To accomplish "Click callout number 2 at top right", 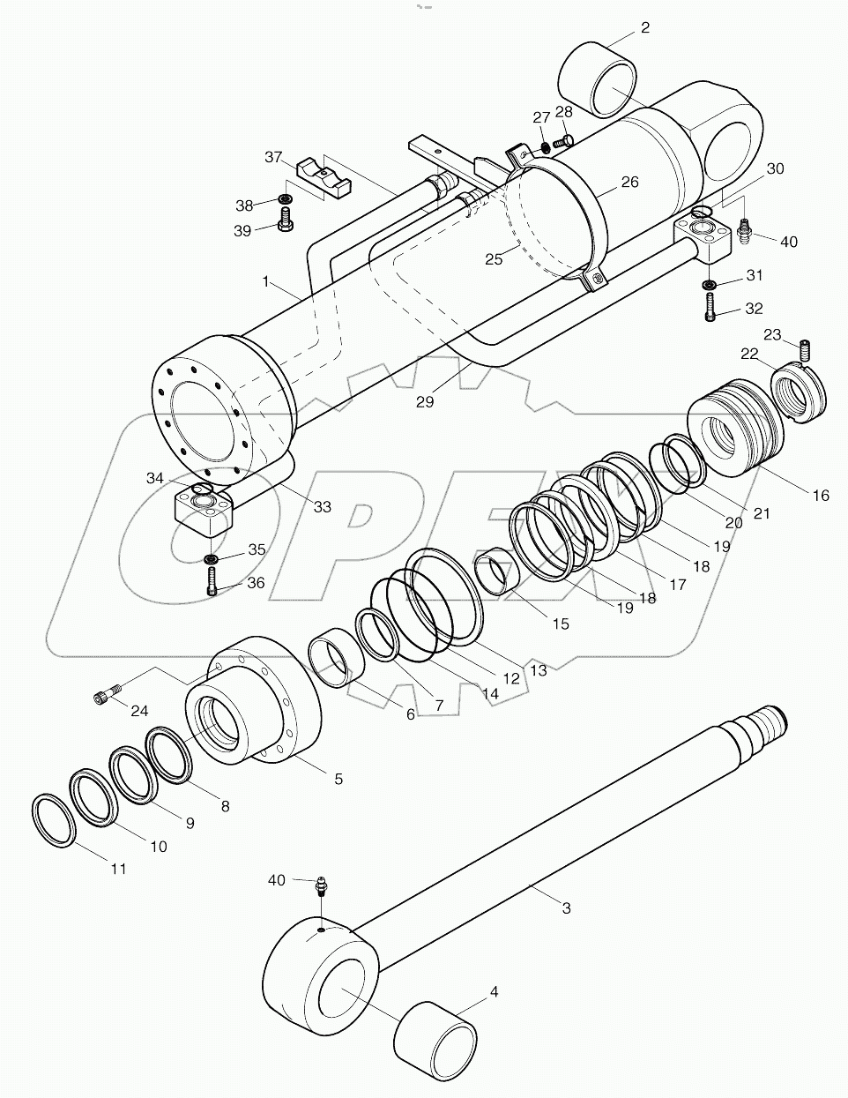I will tap(644, 28).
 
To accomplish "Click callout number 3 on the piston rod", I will tap(566, 908).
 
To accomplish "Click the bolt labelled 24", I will tap(103, 697).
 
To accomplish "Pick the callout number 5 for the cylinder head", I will tap(338, 780).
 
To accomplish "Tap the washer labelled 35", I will tap(212, 558).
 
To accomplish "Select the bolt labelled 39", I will tap(285, 221).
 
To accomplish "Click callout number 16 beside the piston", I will tap(820, 496).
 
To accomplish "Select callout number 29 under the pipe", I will tap(425, 401).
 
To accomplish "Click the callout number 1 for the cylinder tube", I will tap(264, 281).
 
